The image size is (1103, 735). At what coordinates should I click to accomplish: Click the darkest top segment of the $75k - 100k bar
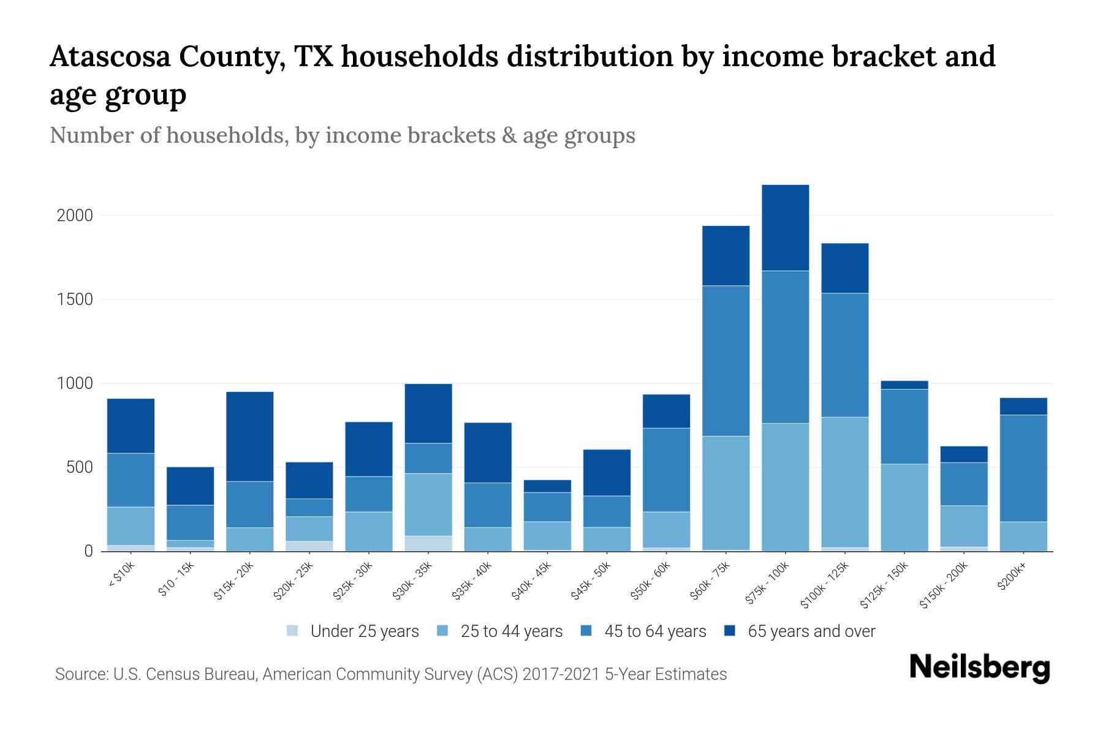785,227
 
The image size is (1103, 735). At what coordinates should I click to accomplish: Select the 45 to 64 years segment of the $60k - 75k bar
726,361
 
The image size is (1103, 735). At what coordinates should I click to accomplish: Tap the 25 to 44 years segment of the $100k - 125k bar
844,482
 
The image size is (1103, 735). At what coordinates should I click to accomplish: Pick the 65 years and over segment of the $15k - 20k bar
249,436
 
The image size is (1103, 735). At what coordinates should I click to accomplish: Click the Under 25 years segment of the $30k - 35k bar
428,543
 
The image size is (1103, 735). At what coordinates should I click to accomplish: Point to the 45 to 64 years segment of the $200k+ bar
1023,469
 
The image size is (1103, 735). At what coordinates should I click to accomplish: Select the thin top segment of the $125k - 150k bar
904,385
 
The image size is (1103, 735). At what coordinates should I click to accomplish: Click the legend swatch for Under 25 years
292,631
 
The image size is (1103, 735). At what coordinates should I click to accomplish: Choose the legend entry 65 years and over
811,631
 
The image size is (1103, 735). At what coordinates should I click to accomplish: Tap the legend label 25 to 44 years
511,631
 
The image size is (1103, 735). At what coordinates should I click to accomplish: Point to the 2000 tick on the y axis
75,216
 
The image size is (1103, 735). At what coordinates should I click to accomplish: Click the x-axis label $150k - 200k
944,586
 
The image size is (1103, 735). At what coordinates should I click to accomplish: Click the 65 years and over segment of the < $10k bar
131,426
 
